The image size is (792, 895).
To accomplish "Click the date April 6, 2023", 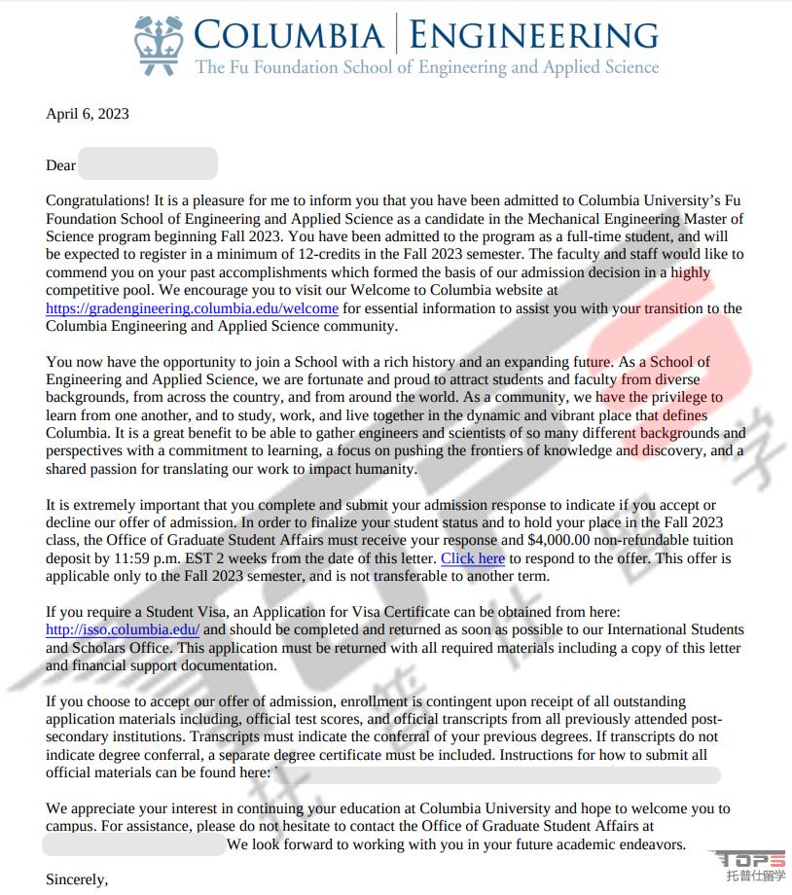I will click(88, 114).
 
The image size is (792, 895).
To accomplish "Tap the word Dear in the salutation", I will click(60, 165).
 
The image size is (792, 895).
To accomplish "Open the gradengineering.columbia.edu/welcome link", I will click(192, 308).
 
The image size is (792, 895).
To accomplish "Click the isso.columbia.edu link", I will click(123, 629).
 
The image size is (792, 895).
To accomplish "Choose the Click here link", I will click(473, 558).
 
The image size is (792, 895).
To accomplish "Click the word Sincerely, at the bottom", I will click(77, 879).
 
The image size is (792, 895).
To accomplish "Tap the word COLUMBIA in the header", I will click(289, 35).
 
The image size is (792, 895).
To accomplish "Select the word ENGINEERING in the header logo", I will click(533, 35).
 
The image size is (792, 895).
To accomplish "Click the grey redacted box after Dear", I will click(147, 163).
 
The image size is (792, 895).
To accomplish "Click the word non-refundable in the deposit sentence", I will click(633, 540).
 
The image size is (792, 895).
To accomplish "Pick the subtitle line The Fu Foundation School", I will click(427, 67).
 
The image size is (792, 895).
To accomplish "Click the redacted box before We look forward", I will click(134, 844).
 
